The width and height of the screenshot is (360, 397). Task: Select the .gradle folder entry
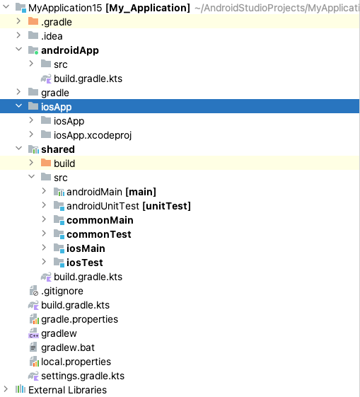(x=56, y=22)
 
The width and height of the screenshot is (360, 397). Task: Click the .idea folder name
(x=52, y=36)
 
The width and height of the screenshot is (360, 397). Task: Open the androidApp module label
(x=69, y=50)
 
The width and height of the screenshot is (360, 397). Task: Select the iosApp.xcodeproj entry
(x=93, y=135)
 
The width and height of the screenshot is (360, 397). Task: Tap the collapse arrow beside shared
(x=18, y=149)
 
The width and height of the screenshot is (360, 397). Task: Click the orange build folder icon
(x=46, y=163)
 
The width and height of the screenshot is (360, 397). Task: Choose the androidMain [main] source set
(x=110, y=192)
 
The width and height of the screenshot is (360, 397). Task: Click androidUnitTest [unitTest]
(x=128, y=206)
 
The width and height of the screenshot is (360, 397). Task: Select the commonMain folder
(x=100, y=220)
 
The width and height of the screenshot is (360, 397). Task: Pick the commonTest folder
(x=98, y=234)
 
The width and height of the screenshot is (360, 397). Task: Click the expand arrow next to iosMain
(x=44, y=248)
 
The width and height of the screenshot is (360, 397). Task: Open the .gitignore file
(x=62, y=291)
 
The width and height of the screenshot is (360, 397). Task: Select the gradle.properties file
(x=79, y=319)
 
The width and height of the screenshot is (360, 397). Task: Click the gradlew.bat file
(x=69, y=347)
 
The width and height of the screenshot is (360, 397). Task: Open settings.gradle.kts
(x=82, y=376)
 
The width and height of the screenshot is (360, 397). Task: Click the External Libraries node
(x=67, y=390)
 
